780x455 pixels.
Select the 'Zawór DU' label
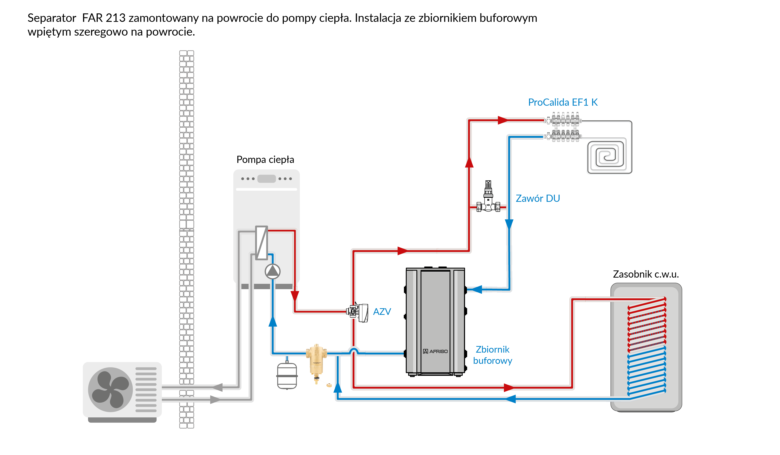point(538,198)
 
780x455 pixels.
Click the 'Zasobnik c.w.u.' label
point(646,274)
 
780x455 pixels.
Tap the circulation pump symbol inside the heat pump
point(272,272)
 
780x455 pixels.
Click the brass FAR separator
point(316,359)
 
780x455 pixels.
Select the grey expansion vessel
point(287,375)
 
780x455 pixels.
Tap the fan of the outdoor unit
point(110,389)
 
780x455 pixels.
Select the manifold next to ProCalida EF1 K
point(563,128)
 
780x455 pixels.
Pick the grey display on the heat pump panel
point(267,179)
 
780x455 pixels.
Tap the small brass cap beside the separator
point(329,385)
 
